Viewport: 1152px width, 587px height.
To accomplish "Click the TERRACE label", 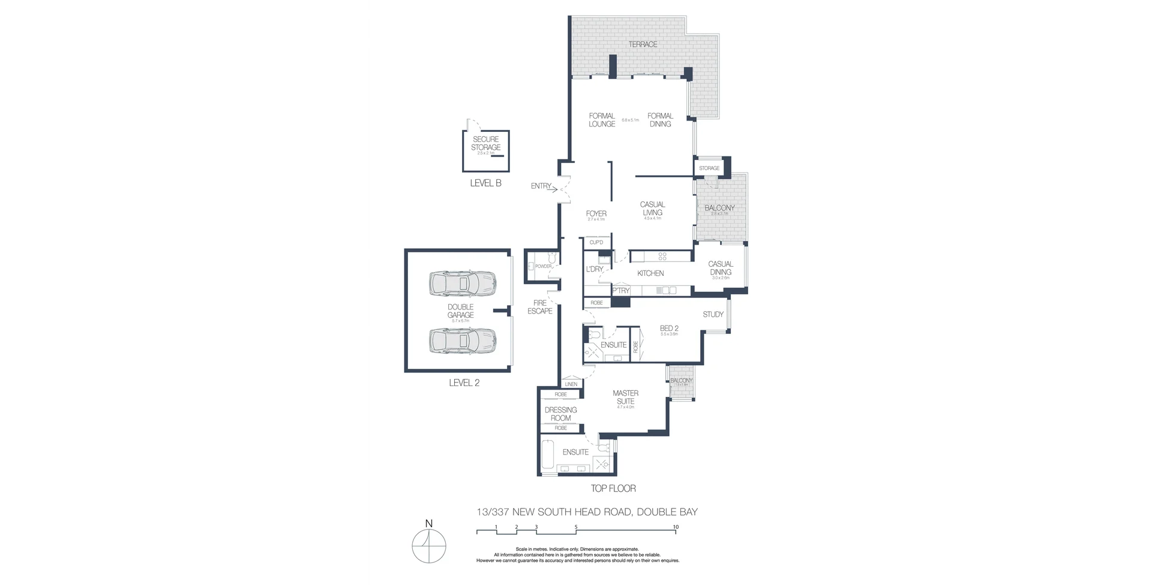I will click(643, 44).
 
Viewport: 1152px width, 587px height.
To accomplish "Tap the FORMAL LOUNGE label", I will click(602, 120).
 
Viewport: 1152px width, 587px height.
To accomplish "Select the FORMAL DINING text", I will click(660, 120).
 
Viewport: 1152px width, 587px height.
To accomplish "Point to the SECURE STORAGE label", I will click(485, 143).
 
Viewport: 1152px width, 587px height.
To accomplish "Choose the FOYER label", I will click(596, 213).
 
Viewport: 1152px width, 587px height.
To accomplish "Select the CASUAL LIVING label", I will click(652, 209).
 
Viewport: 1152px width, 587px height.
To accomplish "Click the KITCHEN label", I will click(650, 273).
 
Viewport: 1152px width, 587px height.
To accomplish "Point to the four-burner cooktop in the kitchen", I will click(662, 256).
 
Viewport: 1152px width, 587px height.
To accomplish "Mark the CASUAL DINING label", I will click(721, 268).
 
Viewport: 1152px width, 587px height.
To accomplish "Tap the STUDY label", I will click(713, 314).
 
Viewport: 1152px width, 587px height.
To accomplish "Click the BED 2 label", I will click(669, 328).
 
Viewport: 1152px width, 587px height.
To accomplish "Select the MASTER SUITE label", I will click(625, 398).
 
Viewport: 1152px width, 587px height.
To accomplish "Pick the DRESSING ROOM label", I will click(560, 414).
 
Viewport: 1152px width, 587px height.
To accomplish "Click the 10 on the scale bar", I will click(676, 527).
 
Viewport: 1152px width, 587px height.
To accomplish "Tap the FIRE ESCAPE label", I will click(540, 307).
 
